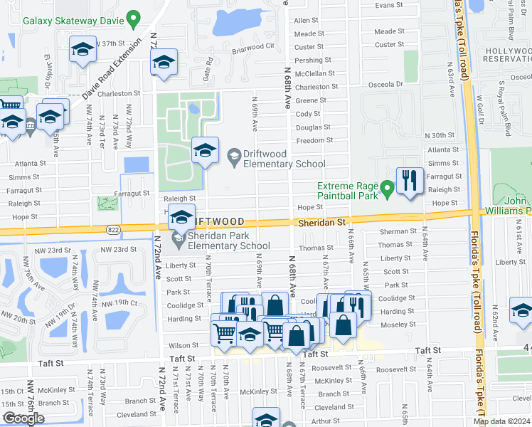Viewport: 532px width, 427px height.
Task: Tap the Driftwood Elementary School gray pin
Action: click(x=234, y=154)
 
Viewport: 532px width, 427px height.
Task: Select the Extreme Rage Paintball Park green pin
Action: click(x=387, y=190)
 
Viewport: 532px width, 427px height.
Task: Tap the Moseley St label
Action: click(x=398, y=325)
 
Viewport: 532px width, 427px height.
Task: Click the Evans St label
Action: click(x=389, y=6)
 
